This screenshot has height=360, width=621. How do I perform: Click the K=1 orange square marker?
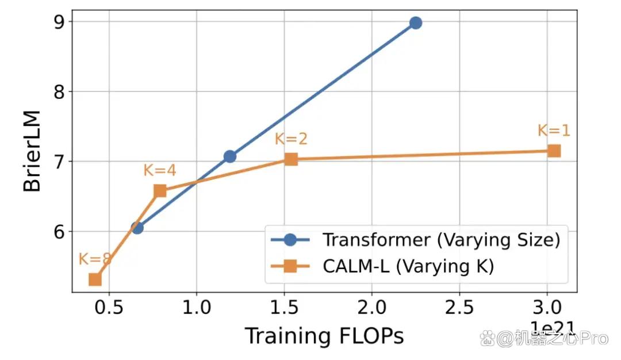pos(554,151)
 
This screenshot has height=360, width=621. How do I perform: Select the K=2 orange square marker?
pos(291,159)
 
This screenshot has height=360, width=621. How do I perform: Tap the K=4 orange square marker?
pos(160,191)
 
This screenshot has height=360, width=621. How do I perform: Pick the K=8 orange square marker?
pos(95,279)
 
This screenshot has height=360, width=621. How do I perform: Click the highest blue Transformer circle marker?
pos(416,23)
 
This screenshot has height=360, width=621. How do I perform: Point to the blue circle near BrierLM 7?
pos(229,156)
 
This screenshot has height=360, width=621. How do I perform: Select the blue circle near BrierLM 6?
pos(137,228)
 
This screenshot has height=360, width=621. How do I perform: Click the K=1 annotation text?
pos(554,131)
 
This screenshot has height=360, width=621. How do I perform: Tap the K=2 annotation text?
pos(291,139)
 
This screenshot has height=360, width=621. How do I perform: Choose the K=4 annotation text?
pos(160,170)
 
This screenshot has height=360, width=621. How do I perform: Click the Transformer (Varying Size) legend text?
pos(441,240)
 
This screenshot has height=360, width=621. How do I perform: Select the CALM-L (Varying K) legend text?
pos(408,266)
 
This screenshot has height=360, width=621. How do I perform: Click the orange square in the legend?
pos(290,266)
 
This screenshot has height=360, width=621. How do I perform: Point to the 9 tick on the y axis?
pos(59,22)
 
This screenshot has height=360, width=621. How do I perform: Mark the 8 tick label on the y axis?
pos(59,92)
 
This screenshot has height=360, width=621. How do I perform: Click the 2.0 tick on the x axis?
pos(371,308)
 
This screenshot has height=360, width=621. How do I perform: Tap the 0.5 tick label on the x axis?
pos(109,308)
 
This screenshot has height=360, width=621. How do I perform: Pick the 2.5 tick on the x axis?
pos(459,308)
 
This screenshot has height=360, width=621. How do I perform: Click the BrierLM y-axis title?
pos(32,151)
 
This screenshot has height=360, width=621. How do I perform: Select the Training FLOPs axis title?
pos(324,336)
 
